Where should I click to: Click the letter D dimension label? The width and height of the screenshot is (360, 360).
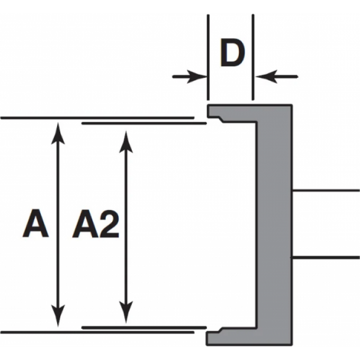click(231, 54)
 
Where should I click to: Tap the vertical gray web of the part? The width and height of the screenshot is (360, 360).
click(274, 222)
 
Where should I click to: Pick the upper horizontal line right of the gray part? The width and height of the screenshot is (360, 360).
click(326, 190)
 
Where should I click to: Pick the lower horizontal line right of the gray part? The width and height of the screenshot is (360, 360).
click(326, 258)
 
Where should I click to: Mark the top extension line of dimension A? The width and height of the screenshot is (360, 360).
click(95, 118)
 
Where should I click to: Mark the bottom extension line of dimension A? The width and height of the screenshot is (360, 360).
click(95, 332)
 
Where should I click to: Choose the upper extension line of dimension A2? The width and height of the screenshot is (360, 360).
click(143, 123)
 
